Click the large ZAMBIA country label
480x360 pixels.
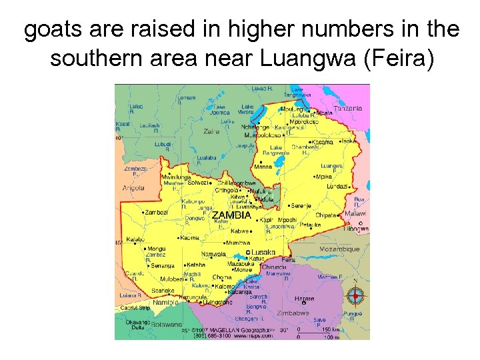[x=231, y=215]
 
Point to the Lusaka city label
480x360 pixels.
[x=261, y=252]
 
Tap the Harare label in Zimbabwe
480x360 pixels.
[x=305, y=298]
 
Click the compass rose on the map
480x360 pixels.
[x=355, y=295]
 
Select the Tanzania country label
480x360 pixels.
[x=348, y=108]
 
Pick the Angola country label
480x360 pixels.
[x=133, y=188]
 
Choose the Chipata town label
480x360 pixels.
[x=325, y=215]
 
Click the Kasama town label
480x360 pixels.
[x=323, y=142]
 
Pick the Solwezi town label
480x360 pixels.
[x=198, y=182]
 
